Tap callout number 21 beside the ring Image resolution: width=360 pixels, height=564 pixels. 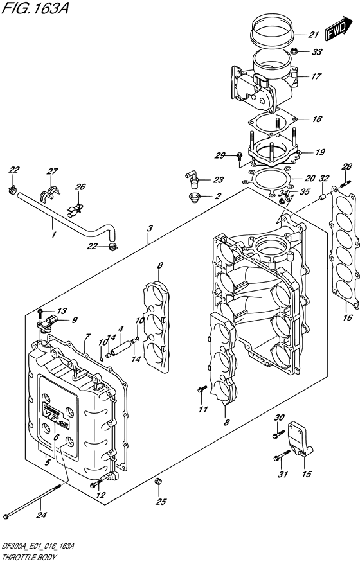(314, 35)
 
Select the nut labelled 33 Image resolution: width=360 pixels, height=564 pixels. (294, 51)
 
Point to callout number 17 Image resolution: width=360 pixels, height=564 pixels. (316, 76)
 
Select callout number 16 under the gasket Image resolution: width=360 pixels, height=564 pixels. (347, 317)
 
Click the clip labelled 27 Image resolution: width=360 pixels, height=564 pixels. (50, 195)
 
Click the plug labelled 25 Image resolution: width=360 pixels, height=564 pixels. (157, 481)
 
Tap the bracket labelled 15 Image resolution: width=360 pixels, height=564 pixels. (300, 439)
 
